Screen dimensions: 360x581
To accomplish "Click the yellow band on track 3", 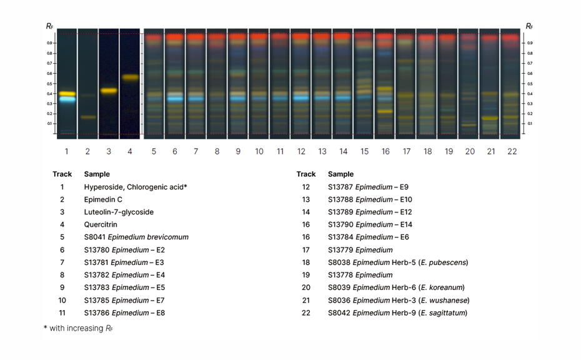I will (x=108, y=91).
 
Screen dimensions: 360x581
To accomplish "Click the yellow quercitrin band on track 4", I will (x=130, y=78).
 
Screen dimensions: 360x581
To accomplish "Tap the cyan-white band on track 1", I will (x=67, y=99).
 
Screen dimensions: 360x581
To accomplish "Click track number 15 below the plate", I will (x=364, y=151).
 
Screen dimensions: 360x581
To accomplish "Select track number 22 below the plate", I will (x=512, y=151).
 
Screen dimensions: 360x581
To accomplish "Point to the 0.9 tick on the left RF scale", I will (x=49, y=43).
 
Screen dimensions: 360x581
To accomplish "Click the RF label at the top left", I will (x=49, y=26).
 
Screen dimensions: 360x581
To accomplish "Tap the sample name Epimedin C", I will (x=103, y=199).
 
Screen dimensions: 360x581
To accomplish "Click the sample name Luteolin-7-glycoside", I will (x=119, y=212).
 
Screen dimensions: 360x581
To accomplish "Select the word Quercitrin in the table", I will (x=101, y=224).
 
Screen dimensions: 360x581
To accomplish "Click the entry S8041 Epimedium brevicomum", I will (x=136, y=237).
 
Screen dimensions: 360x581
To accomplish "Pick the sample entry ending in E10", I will (x=370, y=199).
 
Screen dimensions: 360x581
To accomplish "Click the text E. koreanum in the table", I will (x=442, y=287).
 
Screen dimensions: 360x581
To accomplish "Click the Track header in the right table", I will (x=305, y=174).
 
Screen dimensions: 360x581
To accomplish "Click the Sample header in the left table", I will (x=97, y=174).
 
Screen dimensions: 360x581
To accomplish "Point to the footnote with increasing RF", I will (x=77, y=328).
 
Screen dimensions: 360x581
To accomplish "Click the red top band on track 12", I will (x=300, y=37).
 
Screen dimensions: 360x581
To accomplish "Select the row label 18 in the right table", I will (x=305, y=262).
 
